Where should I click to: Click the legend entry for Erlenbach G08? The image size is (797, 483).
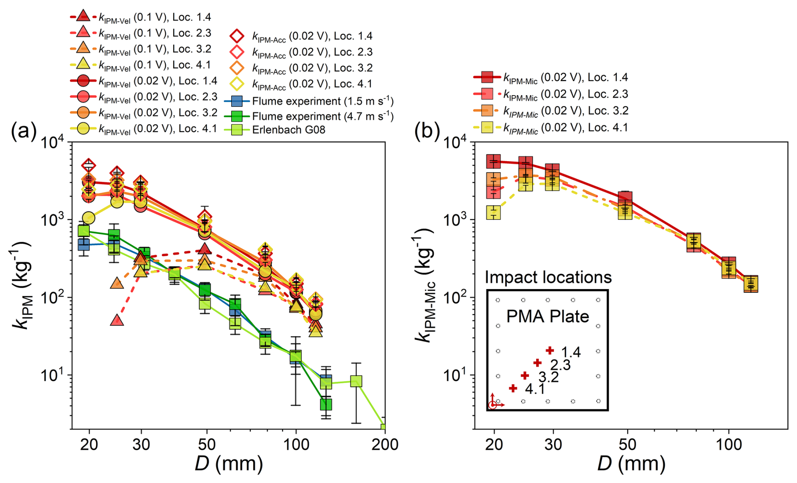tap(289, 130)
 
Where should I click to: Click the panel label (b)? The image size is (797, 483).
tap(427, 131)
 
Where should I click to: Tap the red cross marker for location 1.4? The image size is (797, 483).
tap(550, 350)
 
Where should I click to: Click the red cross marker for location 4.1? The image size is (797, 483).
tap(513, 388)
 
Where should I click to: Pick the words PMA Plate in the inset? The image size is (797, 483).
tap(547, 316)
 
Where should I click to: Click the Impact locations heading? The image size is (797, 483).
tap(548, 277)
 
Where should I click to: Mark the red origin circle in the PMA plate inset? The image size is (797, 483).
tap(492, 406)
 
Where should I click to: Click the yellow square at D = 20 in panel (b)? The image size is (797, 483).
tap(493, 212)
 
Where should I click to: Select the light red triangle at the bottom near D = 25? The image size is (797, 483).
tap(117, 321)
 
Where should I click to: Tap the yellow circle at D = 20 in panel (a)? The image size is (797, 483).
tap(89, 218)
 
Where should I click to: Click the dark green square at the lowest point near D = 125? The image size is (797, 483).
tap(326, 404)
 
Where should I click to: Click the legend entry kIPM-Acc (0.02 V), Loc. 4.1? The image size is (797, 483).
tap(312, 84)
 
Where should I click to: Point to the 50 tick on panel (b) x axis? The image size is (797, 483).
tap(627, 444)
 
